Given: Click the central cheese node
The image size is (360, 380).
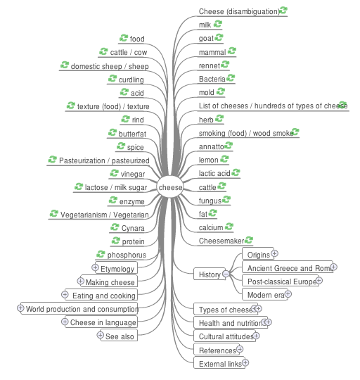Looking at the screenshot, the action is [170, 187].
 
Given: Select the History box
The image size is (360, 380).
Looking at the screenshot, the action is [210, 274].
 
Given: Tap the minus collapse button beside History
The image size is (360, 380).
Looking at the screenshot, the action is [226, 274].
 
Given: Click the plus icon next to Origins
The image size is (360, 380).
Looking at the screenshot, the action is [274, 253].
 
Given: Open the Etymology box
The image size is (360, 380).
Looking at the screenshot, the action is [117, 268].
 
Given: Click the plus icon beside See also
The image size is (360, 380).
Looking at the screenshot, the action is [100, 335].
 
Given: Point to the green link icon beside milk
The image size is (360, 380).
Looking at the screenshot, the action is [218, 24].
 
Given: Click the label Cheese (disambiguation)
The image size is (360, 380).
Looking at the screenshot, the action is [239, 11].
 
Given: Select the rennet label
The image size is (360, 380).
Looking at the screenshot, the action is [209, 65].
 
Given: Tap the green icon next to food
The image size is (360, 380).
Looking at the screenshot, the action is [124, 38].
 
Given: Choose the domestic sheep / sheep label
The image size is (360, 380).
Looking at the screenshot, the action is [110, 66].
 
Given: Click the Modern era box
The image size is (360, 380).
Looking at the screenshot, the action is [265, 294].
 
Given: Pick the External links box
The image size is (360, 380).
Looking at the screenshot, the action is [219, 362].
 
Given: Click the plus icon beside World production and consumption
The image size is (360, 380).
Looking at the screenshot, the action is [20, 308].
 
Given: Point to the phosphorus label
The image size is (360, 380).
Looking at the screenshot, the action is [127, 255].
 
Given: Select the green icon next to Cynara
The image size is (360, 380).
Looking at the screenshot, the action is [115, 227].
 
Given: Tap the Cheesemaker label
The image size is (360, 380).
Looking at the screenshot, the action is [221, 241].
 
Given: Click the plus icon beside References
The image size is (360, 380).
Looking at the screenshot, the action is [240, 349].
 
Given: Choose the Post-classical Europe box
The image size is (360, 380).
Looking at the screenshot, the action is [281, 281].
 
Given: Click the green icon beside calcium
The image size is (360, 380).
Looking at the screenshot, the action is [229, 227].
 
